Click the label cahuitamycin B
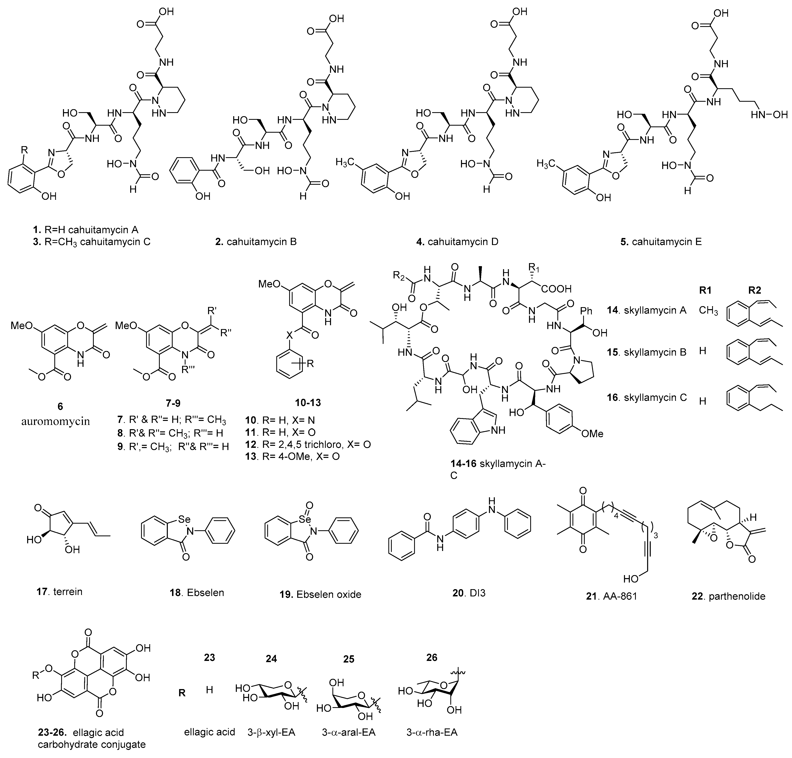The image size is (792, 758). (256, 242)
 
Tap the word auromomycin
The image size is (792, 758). (56, 422)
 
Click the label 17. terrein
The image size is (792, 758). (59, 592)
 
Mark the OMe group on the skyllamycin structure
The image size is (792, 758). (592, 434)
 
